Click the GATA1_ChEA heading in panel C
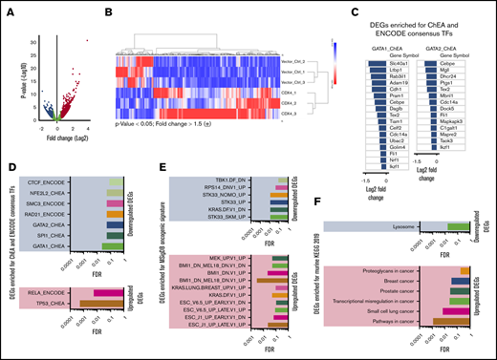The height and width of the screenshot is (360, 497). coord(372,46)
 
